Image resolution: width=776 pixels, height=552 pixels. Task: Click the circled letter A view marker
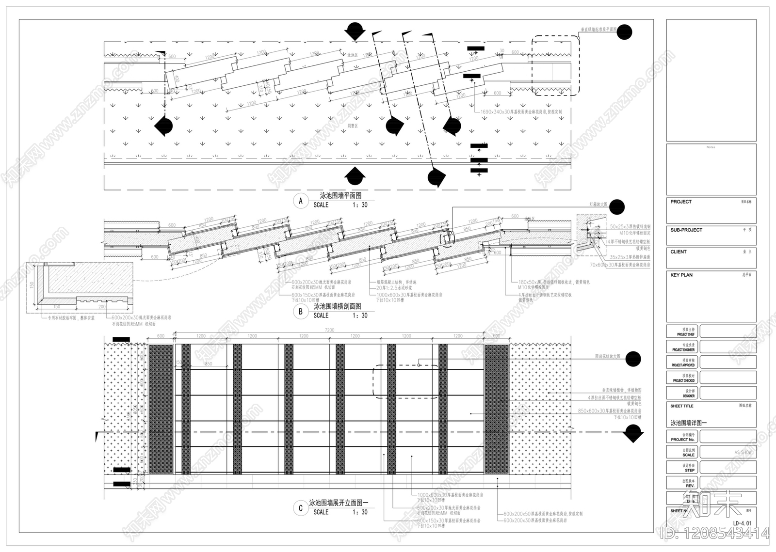click(x=301, y=201)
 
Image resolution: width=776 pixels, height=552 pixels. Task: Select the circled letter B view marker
click(x=301, y=312)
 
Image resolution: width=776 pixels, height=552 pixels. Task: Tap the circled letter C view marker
click(x=301, y=508)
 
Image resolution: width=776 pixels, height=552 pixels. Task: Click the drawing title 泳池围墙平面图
click(x=340, y=196)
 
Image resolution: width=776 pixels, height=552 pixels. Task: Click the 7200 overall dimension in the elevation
click(x=329, y=330)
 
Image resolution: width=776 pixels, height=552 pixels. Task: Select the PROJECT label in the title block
click(x=681, y=202)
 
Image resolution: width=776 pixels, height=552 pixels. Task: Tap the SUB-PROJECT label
click(x=686, y=230)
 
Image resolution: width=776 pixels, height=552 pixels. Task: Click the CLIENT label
click(x=679, y=252)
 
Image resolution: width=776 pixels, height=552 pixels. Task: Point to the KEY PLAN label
click(x=681, y=275)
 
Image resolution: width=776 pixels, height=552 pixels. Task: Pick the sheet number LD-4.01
click(x=742, y=523)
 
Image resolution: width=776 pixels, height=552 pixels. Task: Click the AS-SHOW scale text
click(x=743, y=453)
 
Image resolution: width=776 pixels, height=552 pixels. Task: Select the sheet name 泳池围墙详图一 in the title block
click(x=689, y=423)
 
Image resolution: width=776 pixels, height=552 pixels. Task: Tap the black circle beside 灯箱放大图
click(x=617, y=207)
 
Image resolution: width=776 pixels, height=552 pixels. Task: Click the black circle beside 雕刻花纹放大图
click(x=633, y=359)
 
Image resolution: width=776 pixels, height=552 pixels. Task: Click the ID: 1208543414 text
click(x=715, y=534)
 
